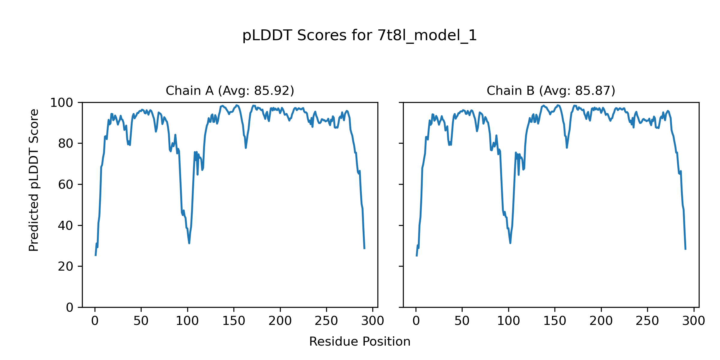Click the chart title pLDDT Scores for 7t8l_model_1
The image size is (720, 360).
[359, 36]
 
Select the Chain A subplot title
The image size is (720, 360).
[230, 91]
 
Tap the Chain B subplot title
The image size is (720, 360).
[551, 91]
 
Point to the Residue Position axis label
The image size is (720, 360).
[359, 342]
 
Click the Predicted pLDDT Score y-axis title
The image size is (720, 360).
[34, 180]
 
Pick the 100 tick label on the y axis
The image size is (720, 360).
[61, 103]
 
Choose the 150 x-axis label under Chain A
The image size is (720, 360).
[234, 321]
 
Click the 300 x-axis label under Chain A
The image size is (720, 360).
[373, 321]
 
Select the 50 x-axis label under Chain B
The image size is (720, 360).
[462, 321]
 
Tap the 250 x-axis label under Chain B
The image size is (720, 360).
[647, 321]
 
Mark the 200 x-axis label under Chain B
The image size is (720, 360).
[601, 321]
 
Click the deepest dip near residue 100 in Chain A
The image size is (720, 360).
[189, 243]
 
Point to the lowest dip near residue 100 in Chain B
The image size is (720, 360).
[510, 243]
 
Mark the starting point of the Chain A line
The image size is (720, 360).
[95, 256]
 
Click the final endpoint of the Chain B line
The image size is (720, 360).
[685, 249]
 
